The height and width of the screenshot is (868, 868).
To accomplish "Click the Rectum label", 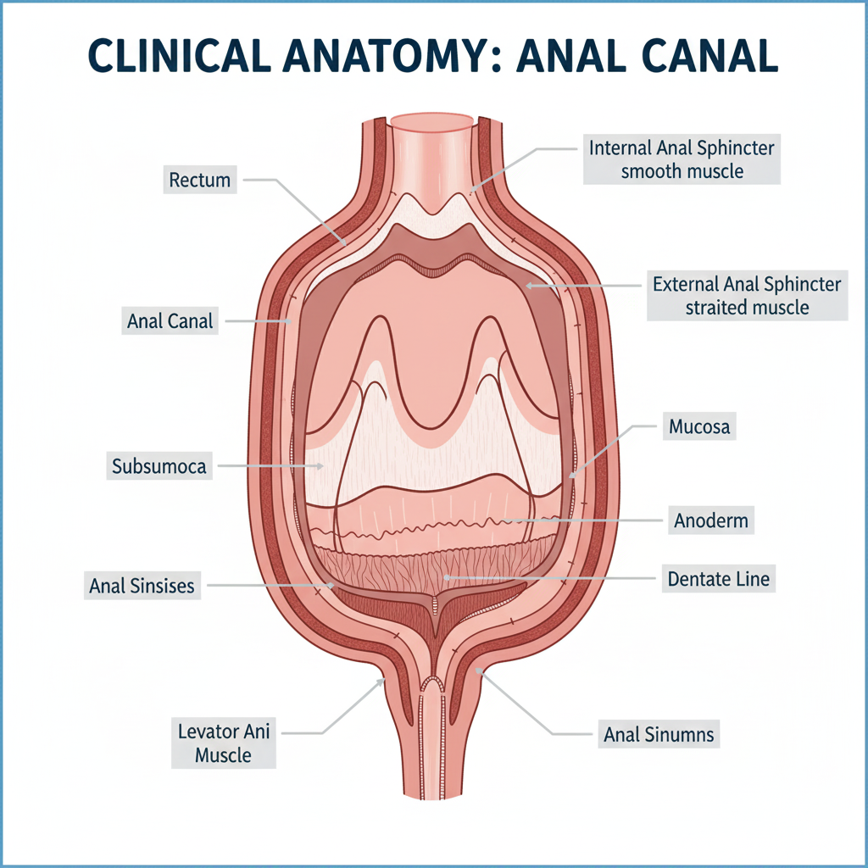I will (x=200, y=180).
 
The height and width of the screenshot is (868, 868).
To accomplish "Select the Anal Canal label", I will (x=170, y=321).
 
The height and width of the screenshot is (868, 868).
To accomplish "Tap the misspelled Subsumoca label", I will (x=159, y=465).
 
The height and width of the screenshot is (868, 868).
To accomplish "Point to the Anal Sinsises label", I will (x=142, y=585).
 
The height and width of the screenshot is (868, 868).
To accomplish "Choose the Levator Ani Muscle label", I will (x=224, y=743).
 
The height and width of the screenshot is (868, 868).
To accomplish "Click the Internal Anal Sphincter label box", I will (x=681, y=159).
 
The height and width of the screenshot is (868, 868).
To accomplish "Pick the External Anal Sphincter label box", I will (x=747, y=295).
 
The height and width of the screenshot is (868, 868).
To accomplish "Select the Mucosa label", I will (x=698, y=427).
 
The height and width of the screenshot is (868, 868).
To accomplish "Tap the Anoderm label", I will (x=710, y=520).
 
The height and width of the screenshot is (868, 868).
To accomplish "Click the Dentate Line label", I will (x=719, y=580).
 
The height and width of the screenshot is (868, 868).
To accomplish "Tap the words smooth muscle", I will (x=682, y=171).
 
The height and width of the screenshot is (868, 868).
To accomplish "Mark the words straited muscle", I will (x=747, y=307).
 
